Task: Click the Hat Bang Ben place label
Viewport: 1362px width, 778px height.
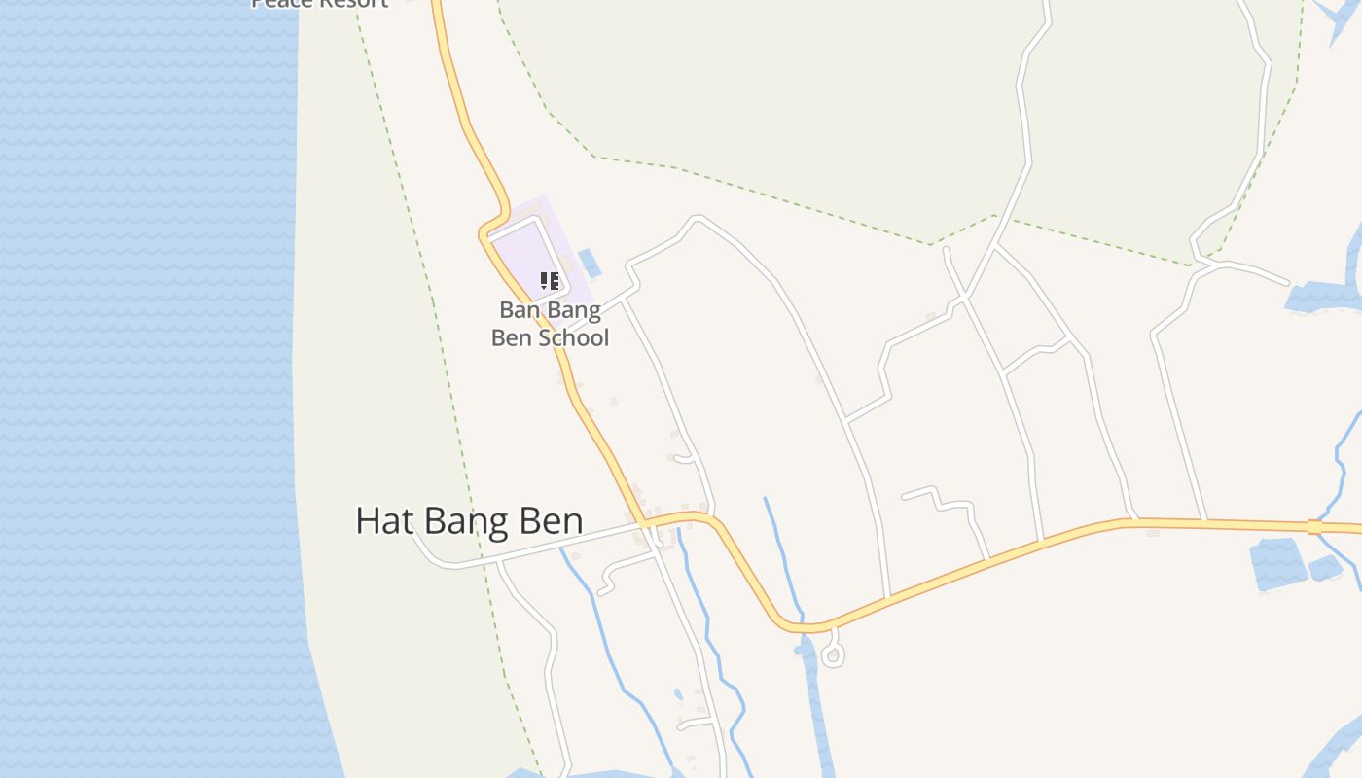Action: coord(469,521)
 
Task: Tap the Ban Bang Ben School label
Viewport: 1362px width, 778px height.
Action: coord(550,324)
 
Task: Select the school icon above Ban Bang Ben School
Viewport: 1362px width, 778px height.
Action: coord(550,282)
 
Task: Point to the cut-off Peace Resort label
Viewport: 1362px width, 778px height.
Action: coord(320,4)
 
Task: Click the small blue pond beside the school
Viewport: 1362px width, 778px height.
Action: coord(590,263)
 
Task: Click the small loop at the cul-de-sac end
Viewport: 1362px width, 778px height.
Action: coord(832,656)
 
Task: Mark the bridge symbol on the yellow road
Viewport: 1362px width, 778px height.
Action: coord(1314,527)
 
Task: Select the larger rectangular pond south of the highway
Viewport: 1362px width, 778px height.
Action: coord(1277,564)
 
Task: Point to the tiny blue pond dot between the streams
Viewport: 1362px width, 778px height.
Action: coord(678,694)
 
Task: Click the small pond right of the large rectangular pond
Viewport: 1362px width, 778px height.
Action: coord(1325,568)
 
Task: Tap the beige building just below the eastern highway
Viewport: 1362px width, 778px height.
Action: coord(1153,533)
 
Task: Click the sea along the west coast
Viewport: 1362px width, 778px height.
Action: coord(146,389)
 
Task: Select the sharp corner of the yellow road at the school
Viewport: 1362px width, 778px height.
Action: coord(484,233)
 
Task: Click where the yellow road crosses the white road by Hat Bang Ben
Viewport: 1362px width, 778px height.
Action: coord(644,525)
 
